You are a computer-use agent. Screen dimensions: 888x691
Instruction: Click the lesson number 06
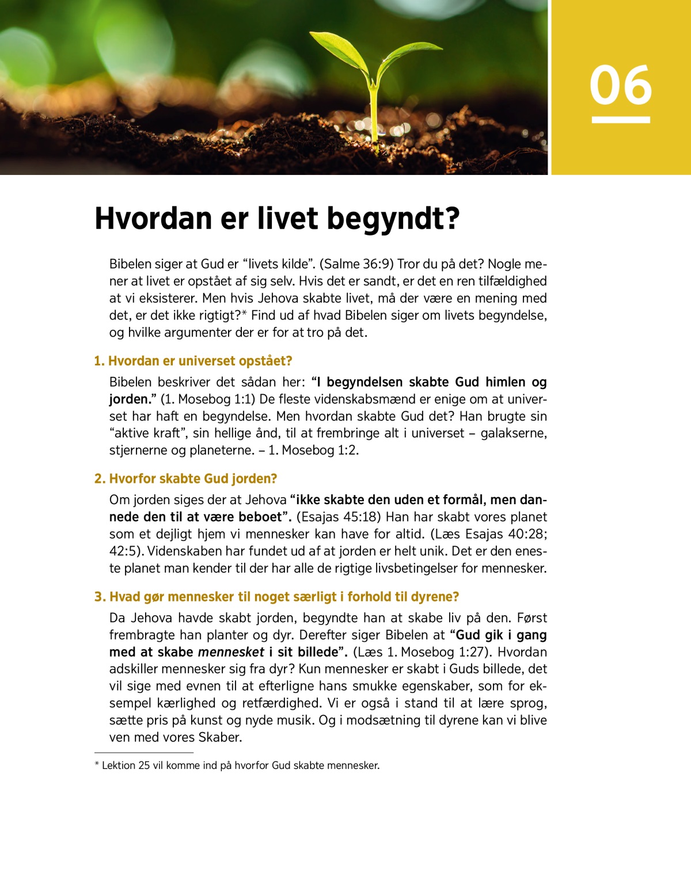[x=620, y=85]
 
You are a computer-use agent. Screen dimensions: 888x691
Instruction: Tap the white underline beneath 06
[x=621, y=120]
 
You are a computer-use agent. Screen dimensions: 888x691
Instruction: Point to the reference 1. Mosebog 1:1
[x=208, y=399]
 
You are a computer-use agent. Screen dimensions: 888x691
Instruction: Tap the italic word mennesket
[x=231, y=652]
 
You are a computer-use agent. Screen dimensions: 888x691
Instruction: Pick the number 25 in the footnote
[x=144, y=765]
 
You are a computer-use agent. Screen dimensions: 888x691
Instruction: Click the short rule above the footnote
[x=144, y=752]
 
